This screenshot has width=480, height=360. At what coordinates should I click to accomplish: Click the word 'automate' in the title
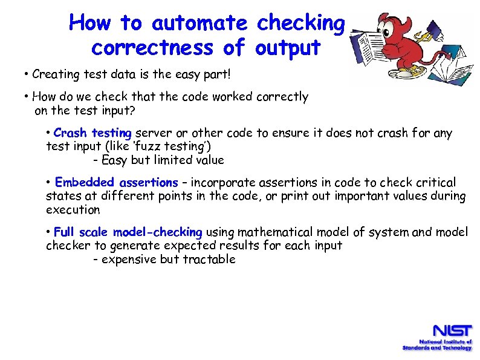(199, 23)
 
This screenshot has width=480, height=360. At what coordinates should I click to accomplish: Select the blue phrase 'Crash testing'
(92, 133)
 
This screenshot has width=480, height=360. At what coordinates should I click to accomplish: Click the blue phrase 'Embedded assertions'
(116, 182)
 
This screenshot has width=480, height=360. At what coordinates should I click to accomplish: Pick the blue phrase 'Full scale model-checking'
(128, 232)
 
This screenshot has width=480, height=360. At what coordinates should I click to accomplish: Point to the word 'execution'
(73, 210)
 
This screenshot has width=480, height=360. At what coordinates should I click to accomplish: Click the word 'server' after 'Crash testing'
(151, 133)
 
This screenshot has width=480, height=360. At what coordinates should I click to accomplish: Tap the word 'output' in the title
(288, 47)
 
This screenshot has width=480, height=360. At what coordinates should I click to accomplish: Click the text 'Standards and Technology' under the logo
(437, 348)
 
